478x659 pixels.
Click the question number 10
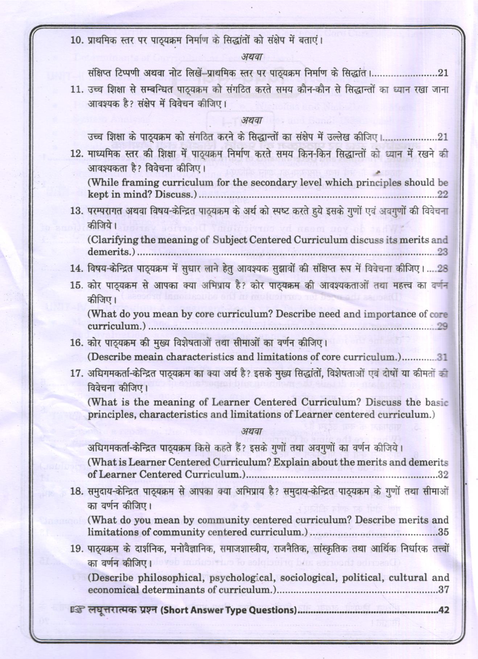77,40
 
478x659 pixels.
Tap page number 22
442,194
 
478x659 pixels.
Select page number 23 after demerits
442,252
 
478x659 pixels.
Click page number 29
442,326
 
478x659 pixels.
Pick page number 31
442,357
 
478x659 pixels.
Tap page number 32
443,474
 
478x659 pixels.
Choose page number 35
443,532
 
